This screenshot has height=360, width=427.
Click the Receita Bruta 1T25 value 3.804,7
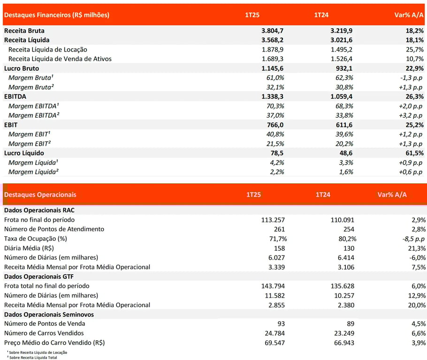(x=272, y=31)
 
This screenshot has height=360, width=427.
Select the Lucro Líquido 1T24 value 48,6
(x=346, y=153)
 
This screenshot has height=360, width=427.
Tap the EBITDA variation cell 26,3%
(x=415, y=97)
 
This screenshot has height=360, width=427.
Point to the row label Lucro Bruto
(x=22, y=68)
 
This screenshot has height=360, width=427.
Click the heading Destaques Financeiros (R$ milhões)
(x=57, y=15)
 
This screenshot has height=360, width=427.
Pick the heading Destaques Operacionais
(x=40, y=195)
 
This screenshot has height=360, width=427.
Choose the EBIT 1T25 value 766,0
(x=275, y=125)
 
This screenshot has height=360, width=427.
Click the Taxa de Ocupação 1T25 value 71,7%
(x=278, y=239)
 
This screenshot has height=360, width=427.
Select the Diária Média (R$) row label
(x=29, y=248)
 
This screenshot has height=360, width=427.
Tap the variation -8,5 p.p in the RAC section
(x=413, y=239)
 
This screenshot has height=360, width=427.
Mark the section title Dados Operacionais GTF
(x=39, y=277)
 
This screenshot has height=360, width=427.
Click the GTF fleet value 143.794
(x=273, y=286)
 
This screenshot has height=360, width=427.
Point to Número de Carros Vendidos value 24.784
(x=275, y=333)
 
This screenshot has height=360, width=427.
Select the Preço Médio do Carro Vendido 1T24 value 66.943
(x=344, y=343)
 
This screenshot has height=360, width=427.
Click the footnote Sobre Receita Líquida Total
(x=33, y=358)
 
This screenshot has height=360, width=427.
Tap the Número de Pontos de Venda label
(x=45, y=323)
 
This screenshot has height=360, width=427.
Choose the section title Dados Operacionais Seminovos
(x=49, y=314)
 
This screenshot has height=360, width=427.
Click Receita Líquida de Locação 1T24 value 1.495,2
(x=342, y=50)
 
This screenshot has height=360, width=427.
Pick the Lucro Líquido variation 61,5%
(x=415, y=153)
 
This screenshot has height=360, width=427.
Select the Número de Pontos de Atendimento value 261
(x=279, y=229)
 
